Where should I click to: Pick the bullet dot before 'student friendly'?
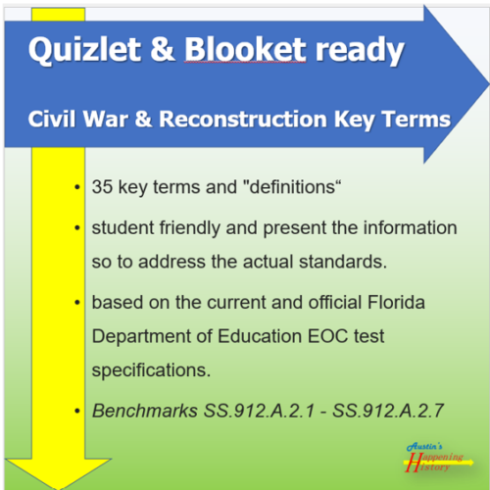point(76,228)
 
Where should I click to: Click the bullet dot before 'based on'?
point(76,301)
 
